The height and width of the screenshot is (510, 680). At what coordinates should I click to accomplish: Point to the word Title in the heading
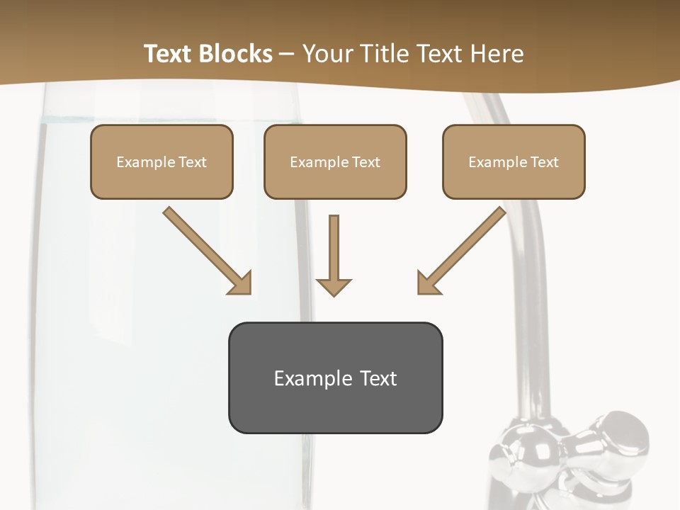(383, 54)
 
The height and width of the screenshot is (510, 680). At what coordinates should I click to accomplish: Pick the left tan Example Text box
(161, 162)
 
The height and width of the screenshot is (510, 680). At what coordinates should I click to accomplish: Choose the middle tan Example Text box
(335, 162)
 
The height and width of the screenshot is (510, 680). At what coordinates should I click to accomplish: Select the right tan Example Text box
(514, 162)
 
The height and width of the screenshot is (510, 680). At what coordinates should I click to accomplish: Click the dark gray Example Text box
(335, 378)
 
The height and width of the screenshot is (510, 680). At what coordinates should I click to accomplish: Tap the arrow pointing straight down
(334, 255)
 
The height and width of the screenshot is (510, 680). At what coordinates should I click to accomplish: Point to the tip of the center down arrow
(334, 293)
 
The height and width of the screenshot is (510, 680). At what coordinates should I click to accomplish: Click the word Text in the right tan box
(544, 162)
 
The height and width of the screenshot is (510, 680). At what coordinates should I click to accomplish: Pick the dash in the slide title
(287, 55)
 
